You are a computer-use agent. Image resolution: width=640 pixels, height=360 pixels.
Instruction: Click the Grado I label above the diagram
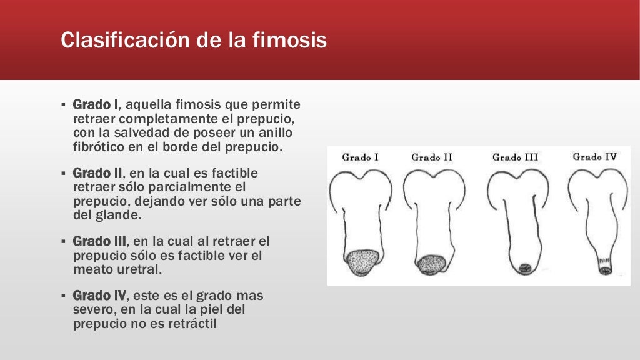(x=361, y=157)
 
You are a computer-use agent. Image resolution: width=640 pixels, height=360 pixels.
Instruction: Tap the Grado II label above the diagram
(x=431, y=157)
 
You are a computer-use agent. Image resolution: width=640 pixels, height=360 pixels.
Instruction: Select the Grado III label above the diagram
(x=515, y=157)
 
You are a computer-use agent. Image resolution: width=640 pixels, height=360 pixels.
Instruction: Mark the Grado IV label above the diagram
(x=595, y=157)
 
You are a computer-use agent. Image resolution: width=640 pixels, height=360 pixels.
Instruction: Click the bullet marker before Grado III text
(x=63, y=241)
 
